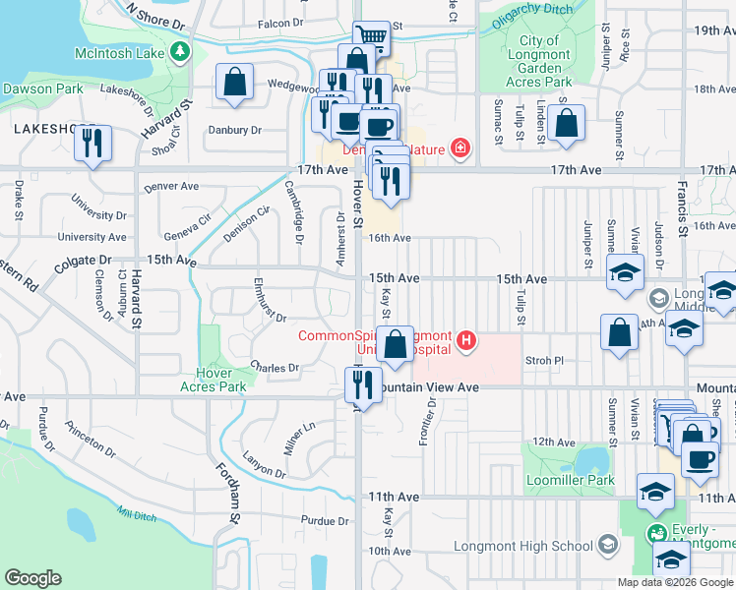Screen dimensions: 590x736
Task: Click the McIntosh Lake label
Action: tap(119, 51)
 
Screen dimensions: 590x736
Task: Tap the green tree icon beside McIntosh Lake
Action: tap(180, 51)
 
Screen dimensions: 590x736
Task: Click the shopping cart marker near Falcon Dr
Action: tap(371, 38)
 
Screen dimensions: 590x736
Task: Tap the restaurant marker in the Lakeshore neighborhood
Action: tap(92, 143)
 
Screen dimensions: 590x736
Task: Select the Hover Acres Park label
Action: tap(208, 380)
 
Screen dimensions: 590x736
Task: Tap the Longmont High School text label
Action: tap(522, 546)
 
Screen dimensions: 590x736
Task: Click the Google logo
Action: tap(33, 578)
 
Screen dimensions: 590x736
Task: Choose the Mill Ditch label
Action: tap(137, 513)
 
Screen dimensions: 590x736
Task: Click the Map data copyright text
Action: tap(674, 582)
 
